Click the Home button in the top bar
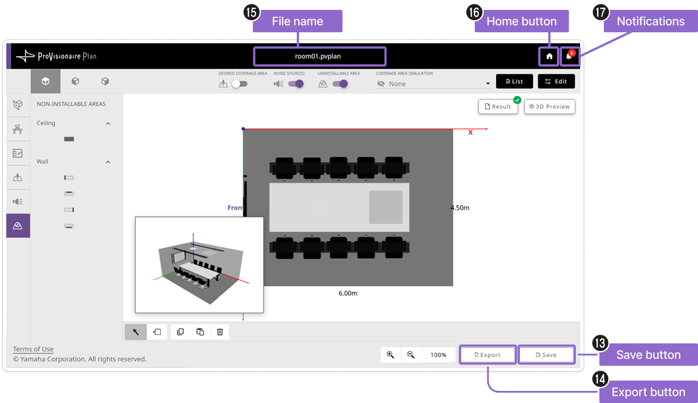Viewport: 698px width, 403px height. [x=549, y=56]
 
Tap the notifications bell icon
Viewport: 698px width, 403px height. [x=569, y=56]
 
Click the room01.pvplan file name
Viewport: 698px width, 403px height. [x=318, y=56]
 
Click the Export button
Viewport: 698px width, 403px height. [x=487, y=355]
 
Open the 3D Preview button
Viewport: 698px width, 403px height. [x=549, y=107]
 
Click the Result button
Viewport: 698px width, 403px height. [x=498, y=107]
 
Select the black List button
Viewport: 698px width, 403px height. [x=514, y=81]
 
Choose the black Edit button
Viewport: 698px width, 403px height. [x=556, y=81]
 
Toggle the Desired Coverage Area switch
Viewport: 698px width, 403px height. [x=240, y=83]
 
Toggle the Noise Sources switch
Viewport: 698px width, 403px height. [x=296, y=83]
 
